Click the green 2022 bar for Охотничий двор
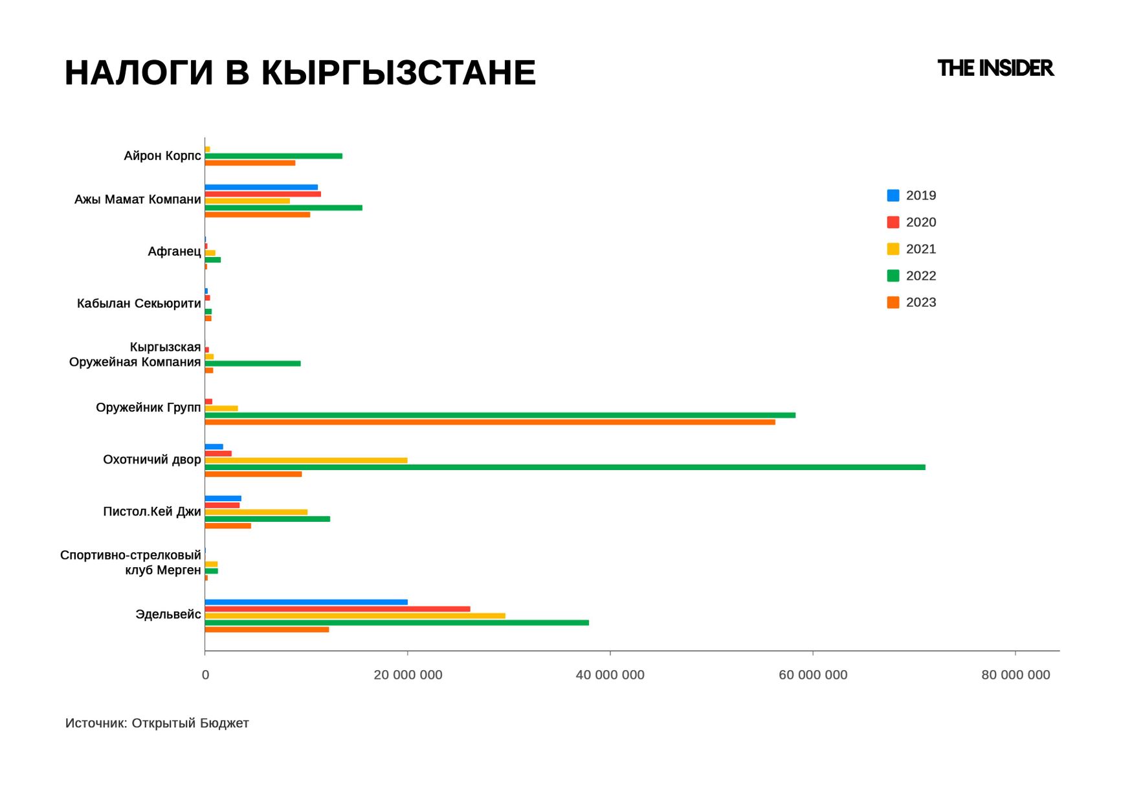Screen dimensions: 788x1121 (564, 467)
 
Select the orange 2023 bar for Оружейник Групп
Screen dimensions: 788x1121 (489, 422)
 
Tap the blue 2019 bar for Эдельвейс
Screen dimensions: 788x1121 (306, 602)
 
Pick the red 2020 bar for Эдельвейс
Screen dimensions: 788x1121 (337, 609)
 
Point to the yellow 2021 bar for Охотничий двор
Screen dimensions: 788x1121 (306, 460)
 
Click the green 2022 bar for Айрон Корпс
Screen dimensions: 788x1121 (273, 156)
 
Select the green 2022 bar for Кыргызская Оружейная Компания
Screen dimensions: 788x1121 (252, 363)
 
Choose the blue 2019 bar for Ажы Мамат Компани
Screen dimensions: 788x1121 (261, 187)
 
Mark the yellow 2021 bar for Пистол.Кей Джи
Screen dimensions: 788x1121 (256, 512)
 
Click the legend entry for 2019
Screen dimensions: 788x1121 (911, 196)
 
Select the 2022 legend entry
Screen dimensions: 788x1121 (911, 276)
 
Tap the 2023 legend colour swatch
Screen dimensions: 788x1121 (893, 302)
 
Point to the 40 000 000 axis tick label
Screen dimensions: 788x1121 (610, 675)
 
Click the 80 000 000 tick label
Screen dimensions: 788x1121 (1015, 675)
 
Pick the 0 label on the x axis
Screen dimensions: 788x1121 (205, 675)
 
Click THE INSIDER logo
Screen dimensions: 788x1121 (995, 68)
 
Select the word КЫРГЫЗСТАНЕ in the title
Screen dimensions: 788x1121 (398, 73)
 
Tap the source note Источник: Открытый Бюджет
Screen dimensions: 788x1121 (157, 723)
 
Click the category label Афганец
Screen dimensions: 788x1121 (174, 251)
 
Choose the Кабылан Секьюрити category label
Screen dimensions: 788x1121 (139, 304)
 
